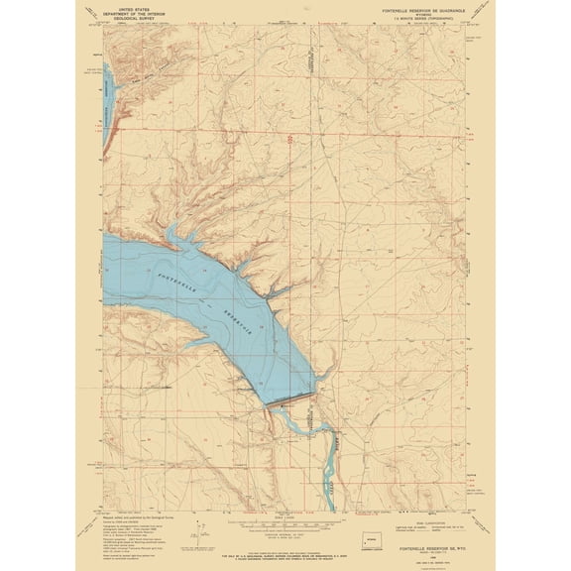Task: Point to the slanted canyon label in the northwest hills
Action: tap(139, 72)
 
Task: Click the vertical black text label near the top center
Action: tap(309, 61)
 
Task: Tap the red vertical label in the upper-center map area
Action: tap(288, 140)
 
